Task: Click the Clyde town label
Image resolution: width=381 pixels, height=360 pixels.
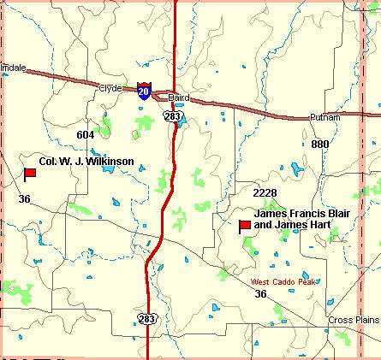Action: [x=111, y=86]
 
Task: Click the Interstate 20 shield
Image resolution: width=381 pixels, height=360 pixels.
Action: [x=144, y=91]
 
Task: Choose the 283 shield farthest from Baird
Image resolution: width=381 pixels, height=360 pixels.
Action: [x=149, y=318]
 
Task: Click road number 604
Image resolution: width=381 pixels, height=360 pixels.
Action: [x=85, y=134]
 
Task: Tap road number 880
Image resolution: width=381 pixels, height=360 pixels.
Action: [x=319, y=144]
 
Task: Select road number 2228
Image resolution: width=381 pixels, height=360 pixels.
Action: [x=265, y=192]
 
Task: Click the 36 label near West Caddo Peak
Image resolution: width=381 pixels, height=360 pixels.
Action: [x=260, y=294]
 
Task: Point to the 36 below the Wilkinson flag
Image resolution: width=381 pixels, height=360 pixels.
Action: [x=24, y=199]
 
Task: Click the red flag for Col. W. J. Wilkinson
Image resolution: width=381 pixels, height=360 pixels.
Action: [x=29, y=174]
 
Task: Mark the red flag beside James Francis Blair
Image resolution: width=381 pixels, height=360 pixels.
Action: [x=244, y=226]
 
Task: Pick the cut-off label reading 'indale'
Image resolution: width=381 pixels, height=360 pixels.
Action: [x=14, y=66]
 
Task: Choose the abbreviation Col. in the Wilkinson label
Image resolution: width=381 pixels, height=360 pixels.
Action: [x=49, y=161]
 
